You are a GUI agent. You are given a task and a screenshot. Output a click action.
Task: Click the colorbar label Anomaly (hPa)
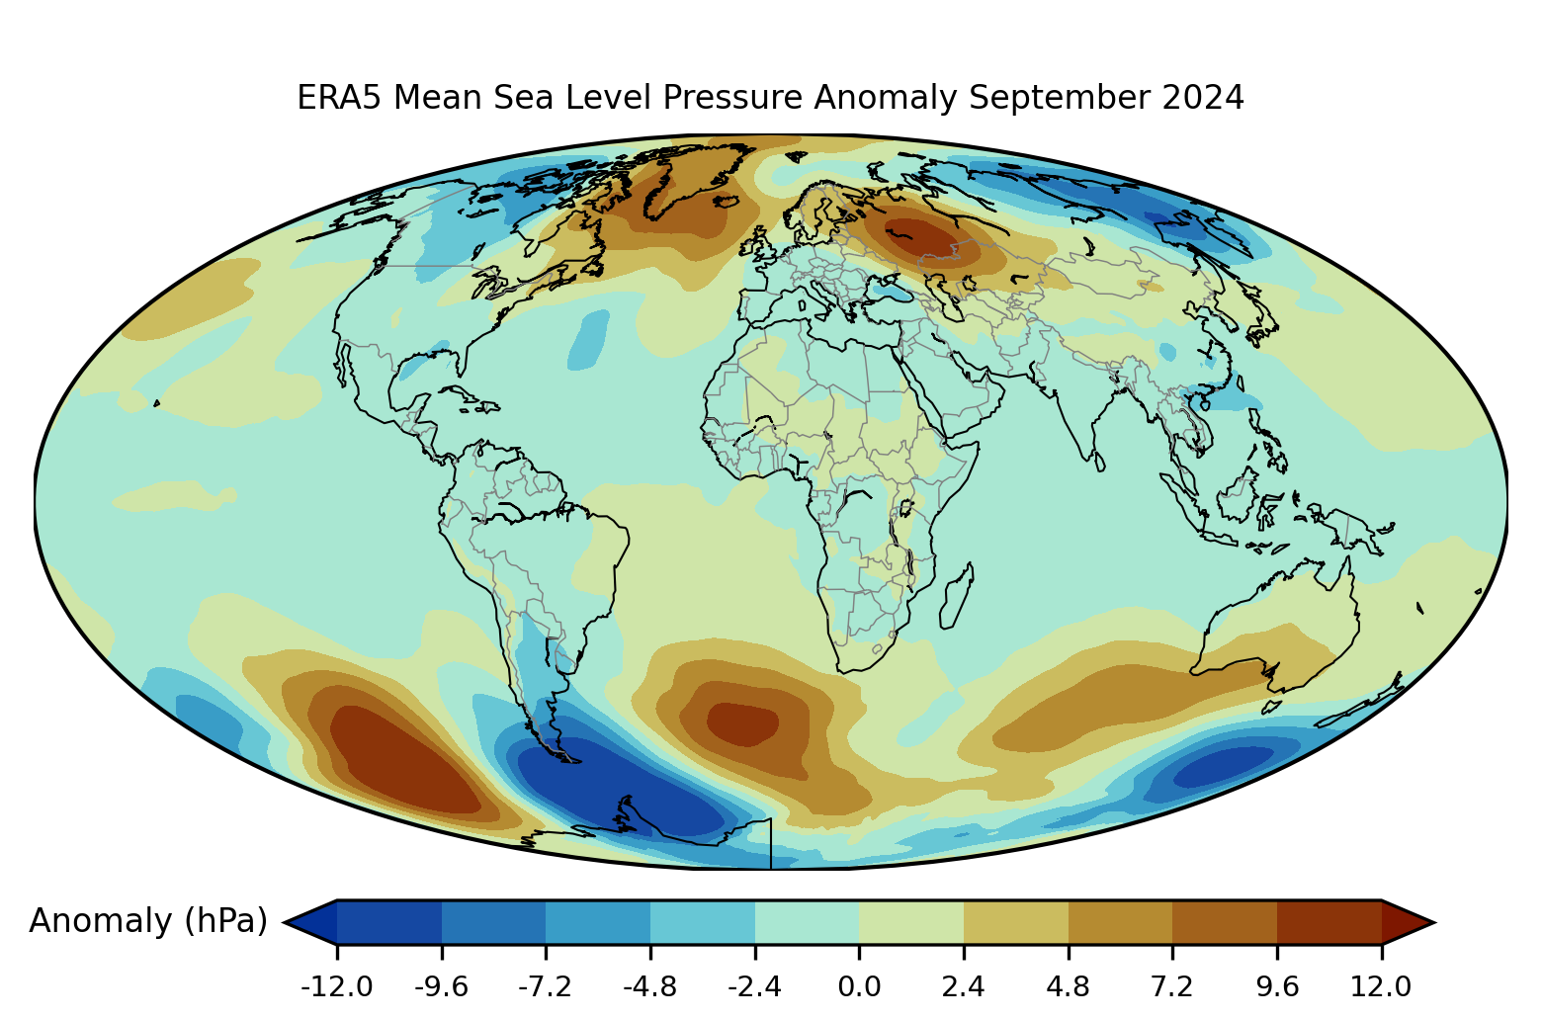pos(148,921)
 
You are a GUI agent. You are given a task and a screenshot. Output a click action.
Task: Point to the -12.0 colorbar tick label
pos(336,986)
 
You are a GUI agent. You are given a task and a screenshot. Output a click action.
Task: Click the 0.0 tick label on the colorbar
pos(859,986)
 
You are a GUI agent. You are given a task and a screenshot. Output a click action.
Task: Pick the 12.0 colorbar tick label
pos(1381,986)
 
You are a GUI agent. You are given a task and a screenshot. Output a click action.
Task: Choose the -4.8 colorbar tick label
pos(649,986)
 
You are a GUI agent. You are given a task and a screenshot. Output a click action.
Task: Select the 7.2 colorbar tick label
pos(1172,986)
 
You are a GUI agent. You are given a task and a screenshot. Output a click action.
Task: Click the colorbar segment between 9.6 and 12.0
pos(1328,922)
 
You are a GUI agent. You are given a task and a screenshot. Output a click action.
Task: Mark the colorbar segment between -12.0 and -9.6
pos(389,922)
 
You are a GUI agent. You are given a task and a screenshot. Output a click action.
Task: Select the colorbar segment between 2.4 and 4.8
pos(1015,922)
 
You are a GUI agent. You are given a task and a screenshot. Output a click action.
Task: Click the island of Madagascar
pos(955,596)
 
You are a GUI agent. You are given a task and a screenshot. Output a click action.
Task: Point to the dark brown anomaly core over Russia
pos(919,237)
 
